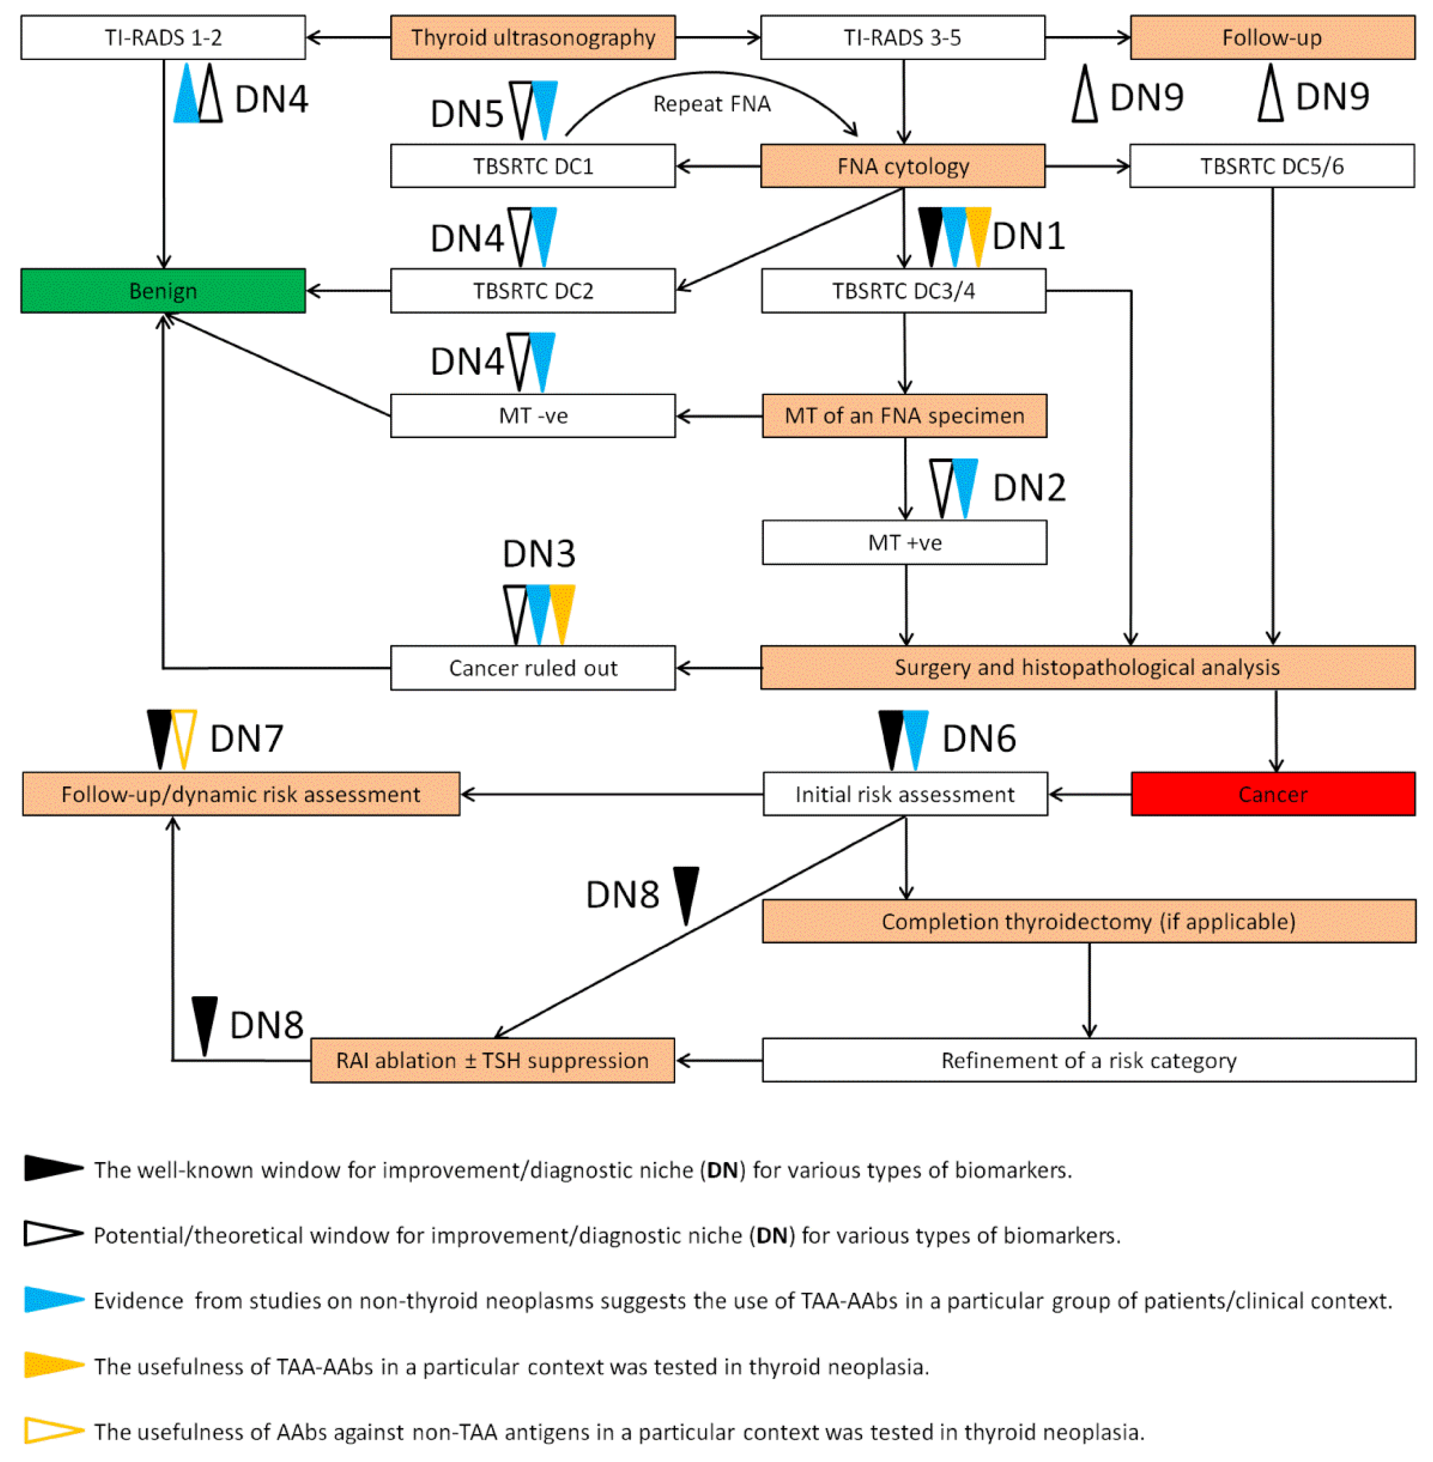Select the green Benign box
coord(163,290)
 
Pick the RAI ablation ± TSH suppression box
coord(492,1060)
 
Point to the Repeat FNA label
coord(711,104)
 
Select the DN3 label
coord(539,554)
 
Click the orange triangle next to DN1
coord(978,229)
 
